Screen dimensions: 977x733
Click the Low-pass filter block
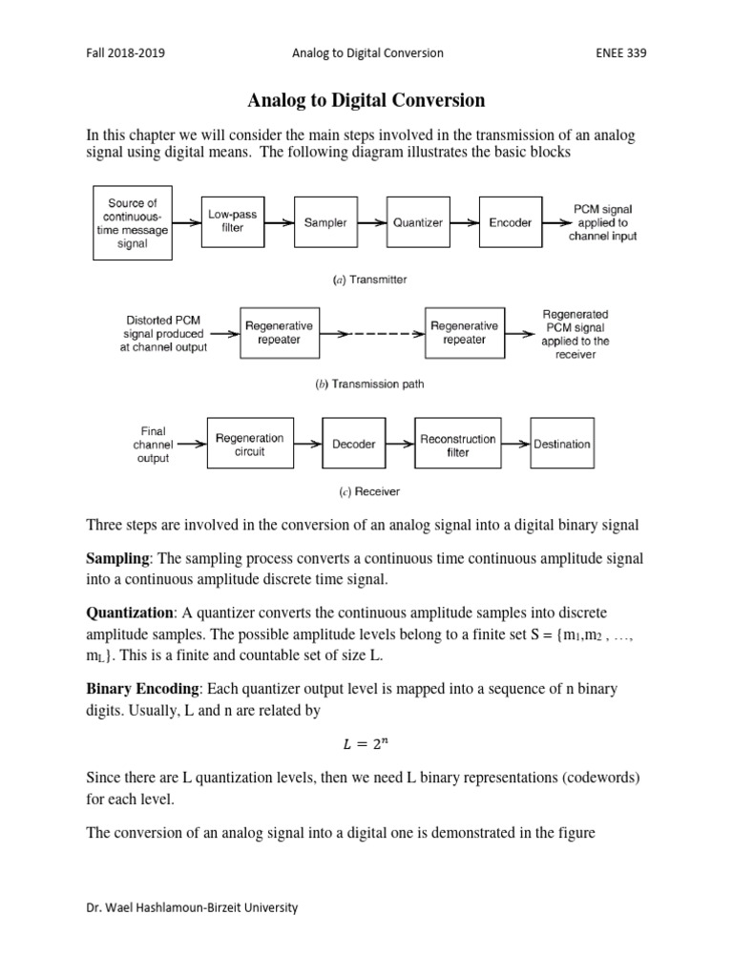tap(232, 222)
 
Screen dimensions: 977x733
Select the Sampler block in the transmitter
tap(325, 222)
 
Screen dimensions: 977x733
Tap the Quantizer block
tap(418, 222)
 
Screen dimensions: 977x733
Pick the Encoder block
tap(511, 222)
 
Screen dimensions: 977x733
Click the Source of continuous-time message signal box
tap(132, 222)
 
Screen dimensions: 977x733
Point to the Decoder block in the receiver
tap(353, 445)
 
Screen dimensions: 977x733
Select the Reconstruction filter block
tap(457, 445)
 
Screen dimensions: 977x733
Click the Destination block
tap(562, 445)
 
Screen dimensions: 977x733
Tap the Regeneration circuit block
tap(249, 445)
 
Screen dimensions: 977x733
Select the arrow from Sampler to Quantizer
tap(370, 222)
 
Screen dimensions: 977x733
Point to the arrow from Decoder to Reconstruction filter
tap(399, 445)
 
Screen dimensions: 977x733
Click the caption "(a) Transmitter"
tap(369, 280)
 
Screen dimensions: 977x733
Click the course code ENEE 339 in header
tap(619, 53)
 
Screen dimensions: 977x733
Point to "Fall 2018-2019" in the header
tap(125, 53)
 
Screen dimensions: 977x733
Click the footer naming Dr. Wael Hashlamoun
tap(192, 907)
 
